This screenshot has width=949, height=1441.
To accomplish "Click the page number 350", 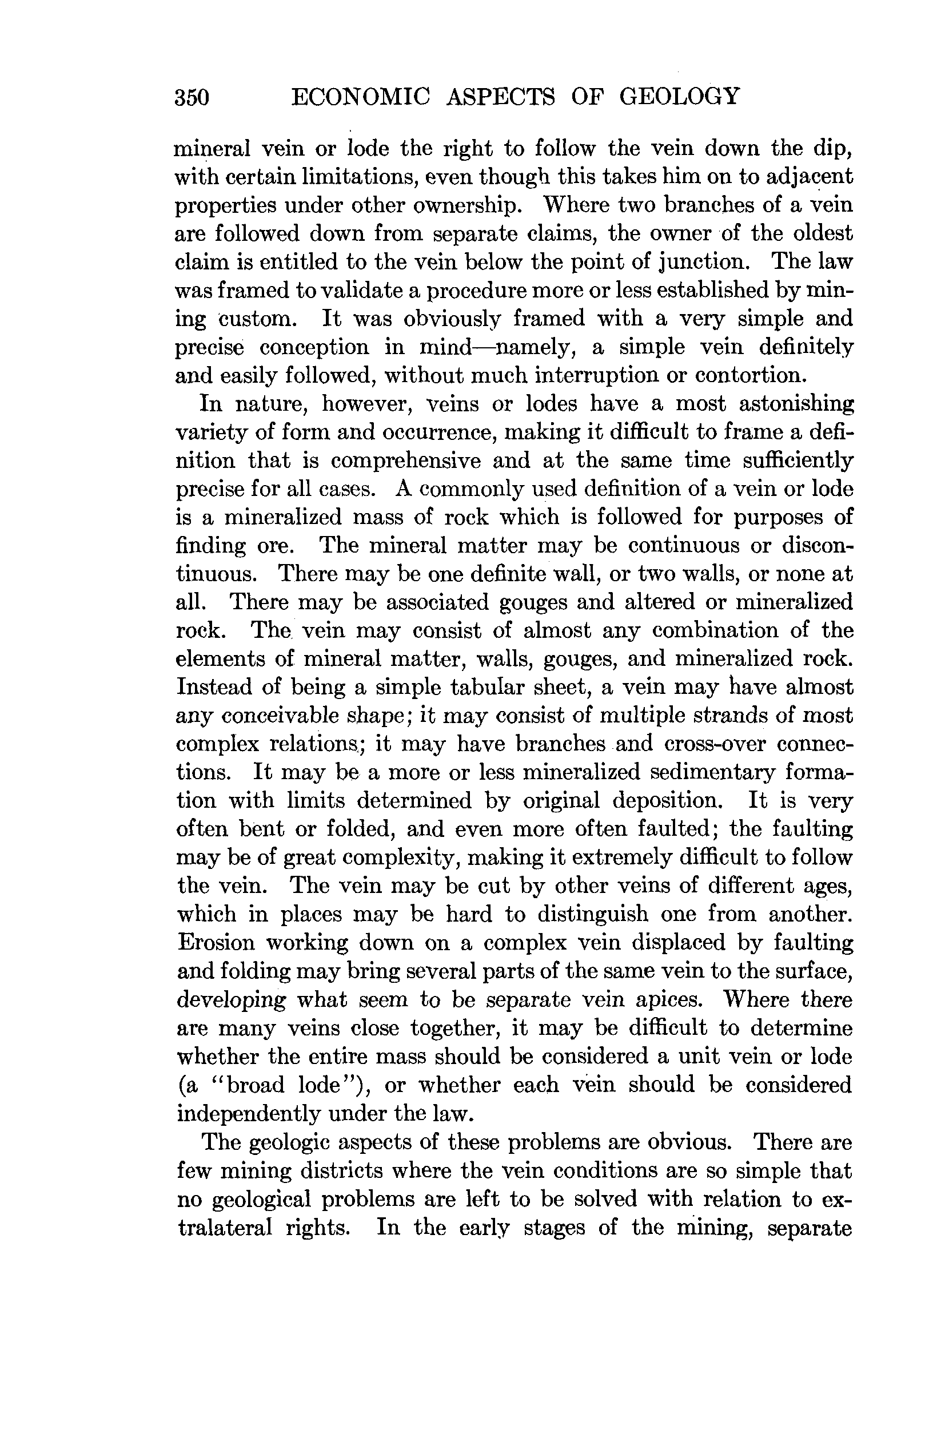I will click(192, 97).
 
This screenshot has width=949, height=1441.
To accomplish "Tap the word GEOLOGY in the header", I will click(679, 96).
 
